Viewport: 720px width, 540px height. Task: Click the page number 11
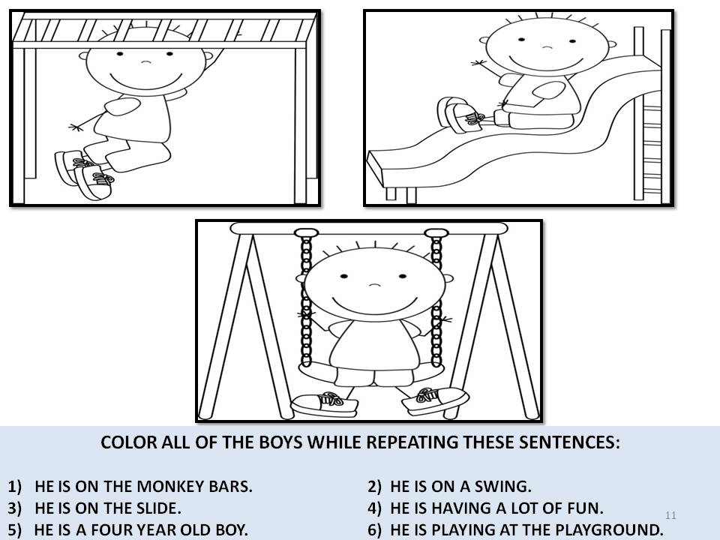(x=670, y=514)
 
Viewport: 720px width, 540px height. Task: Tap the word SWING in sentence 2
(x=505, y=485)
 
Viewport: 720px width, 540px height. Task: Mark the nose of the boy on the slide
(x=547, y=47)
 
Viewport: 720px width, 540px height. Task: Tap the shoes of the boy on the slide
(x=457, y=115)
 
